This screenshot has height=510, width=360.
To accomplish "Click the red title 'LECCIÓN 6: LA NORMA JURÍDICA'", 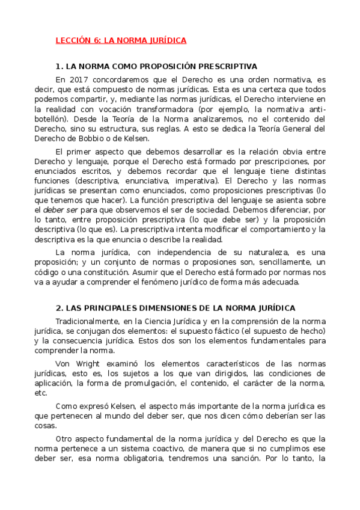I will (121, 40).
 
